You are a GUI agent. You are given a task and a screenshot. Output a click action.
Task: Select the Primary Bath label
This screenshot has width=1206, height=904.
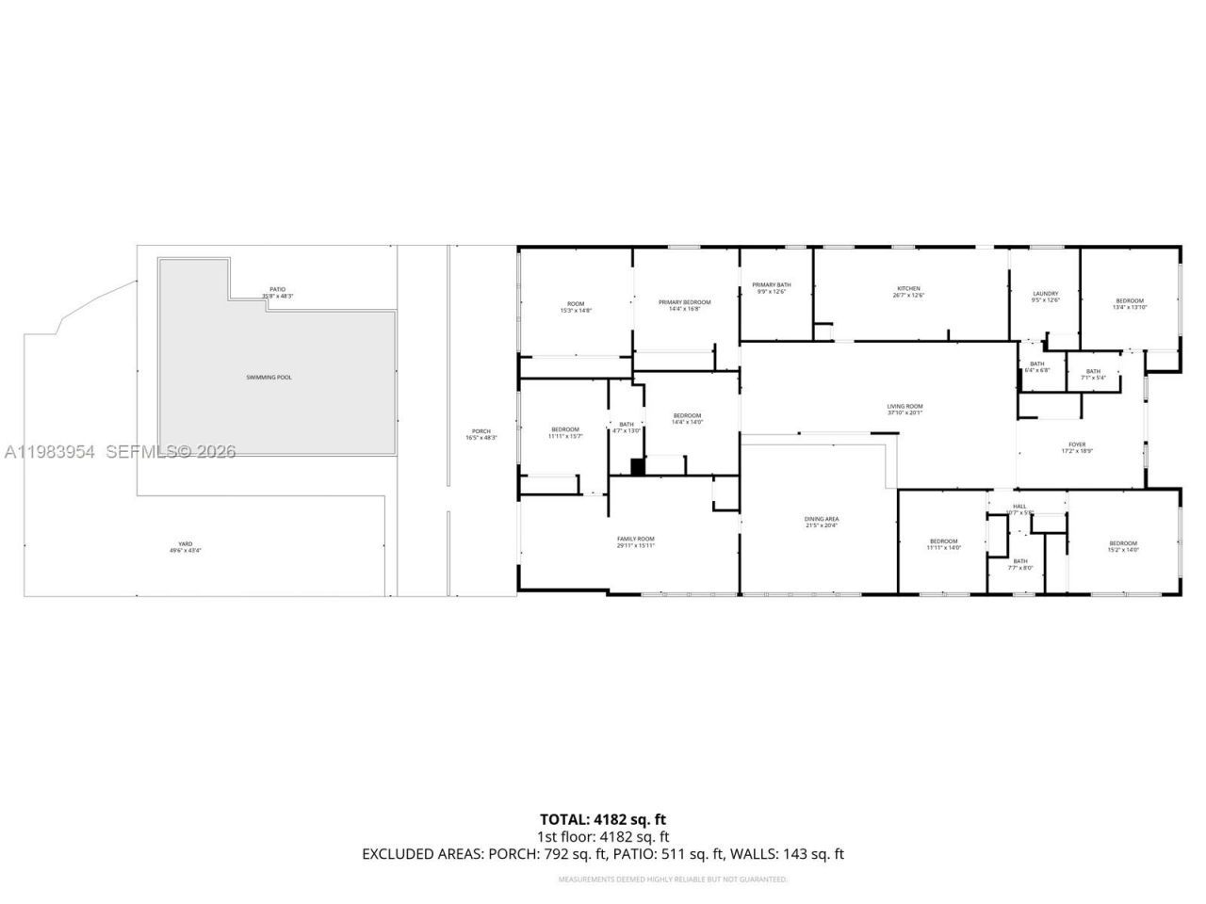[771, 288]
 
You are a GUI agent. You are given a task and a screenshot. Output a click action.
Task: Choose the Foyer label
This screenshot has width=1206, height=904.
[1076, 447]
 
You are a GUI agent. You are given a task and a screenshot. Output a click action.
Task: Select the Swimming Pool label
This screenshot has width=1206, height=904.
[269, 378]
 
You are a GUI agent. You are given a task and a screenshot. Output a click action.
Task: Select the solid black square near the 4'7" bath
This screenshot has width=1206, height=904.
[638, 465]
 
